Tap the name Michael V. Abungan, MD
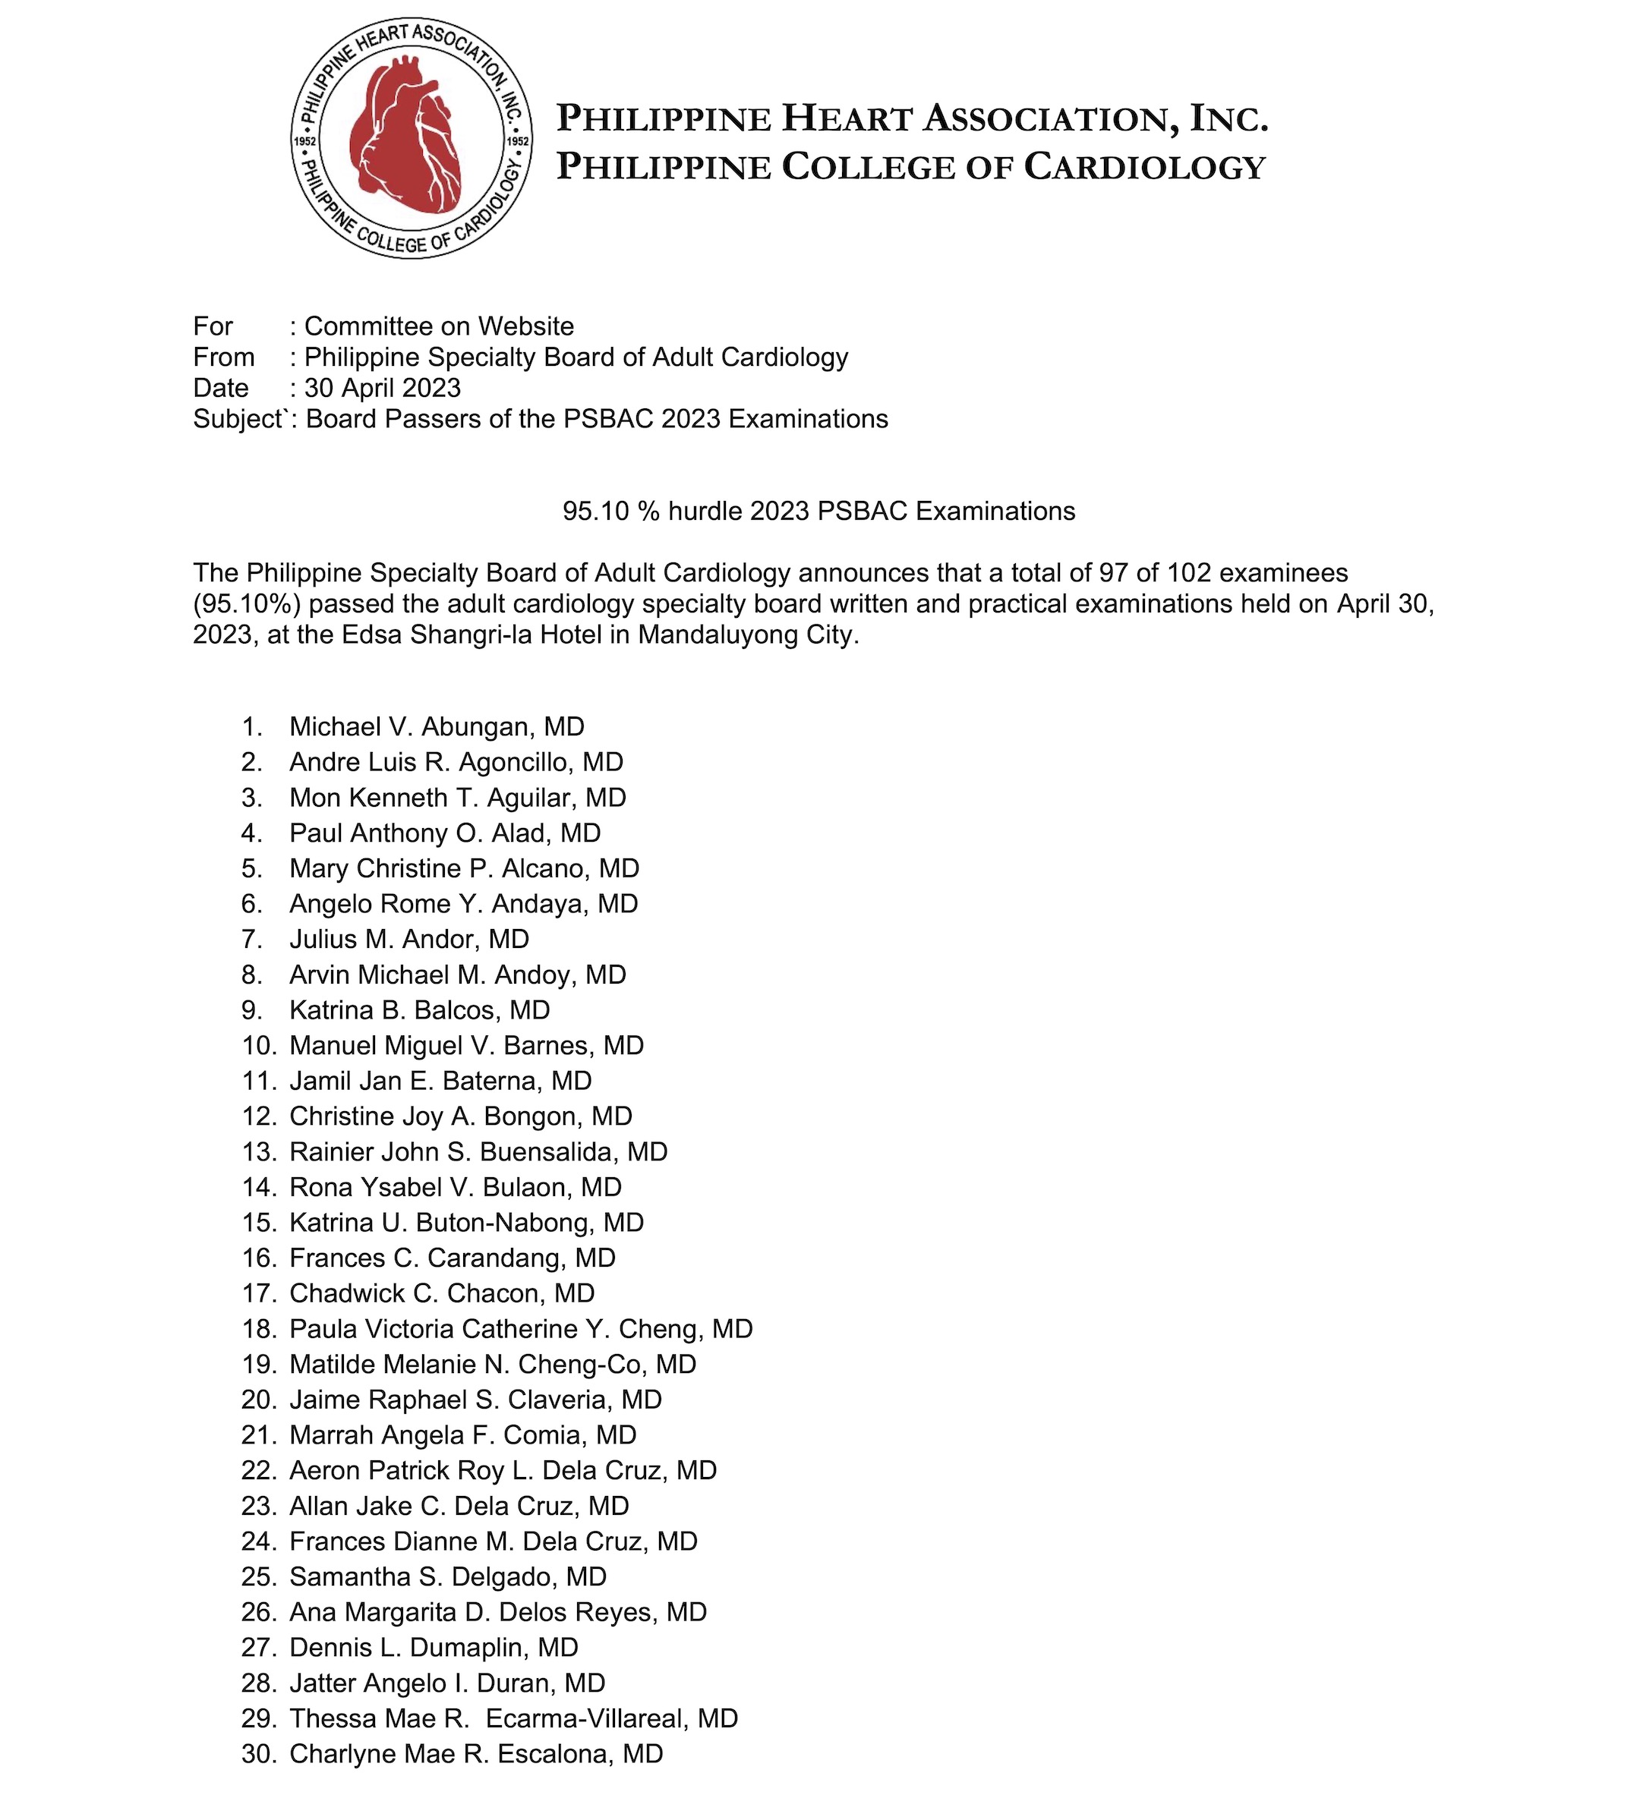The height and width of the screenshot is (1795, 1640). coord(437,726)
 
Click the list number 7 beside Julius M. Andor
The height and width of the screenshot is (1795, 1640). coord(251,940)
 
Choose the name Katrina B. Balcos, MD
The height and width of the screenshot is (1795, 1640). coord(420,1009)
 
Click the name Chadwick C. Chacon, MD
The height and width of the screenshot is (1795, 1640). coord(442,1293)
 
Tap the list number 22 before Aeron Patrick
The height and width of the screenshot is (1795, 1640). coord(259,1470)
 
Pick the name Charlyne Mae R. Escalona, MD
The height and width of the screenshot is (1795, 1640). coord(476,1753)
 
